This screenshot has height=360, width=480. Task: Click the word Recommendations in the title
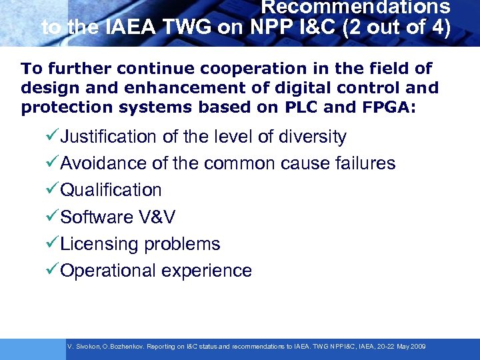pos(355,7)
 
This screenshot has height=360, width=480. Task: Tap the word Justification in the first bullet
pos(107,137)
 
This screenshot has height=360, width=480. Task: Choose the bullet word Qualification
pos(111,190)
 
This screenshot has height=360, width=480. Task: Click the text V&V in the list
pos(157,217)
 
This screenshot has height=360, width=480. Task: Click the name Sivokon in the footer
pos(87,347)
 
